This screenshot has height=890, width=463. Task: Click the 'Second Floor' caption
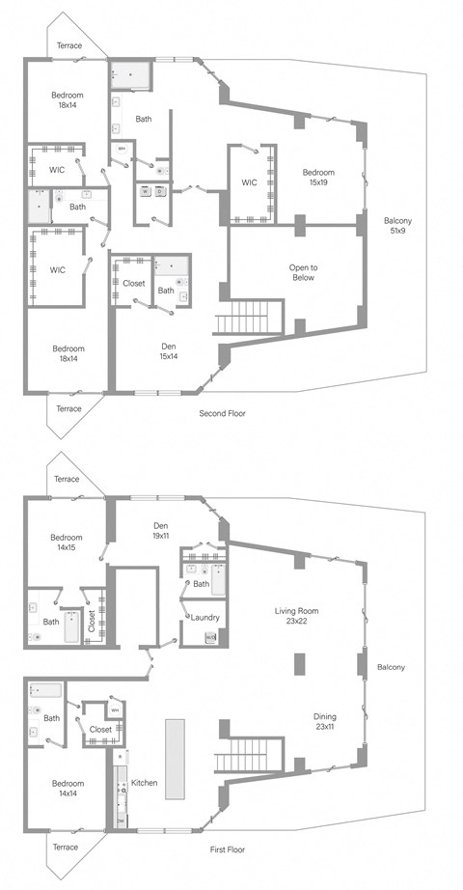click(x=222, y=413)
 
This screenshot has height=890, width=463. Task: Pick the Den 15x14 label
click(x=168, y=349)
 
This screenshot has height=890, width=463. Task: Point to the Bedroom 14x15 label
click(x=67, y=542)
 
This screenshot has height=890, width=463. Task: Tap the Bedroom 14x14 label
click(x=67, y=789)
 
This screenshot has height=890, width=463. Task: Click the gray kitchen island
click(x=175, y=758)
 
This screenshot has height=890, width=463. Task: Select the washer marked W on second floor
click(x=146, y=191)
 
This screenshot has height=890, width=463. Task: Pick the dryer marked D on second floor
click(x=160, y=191)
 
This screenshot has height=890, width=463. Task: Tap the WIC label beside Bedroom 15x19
click(x=249, y=181)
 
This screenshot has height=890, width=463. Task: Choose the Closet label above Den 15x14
click(x=134, y=283)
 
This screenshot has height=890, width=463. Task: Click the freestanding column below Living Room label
click(x=299, y=665)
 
